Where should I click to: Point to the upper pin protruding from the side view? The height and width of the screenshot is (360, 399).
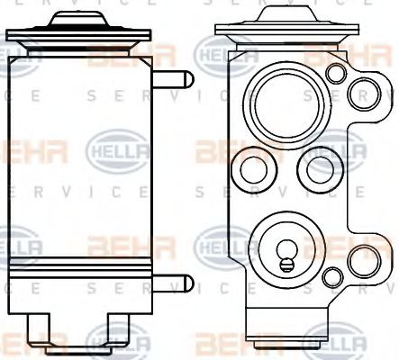(177, 79)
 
